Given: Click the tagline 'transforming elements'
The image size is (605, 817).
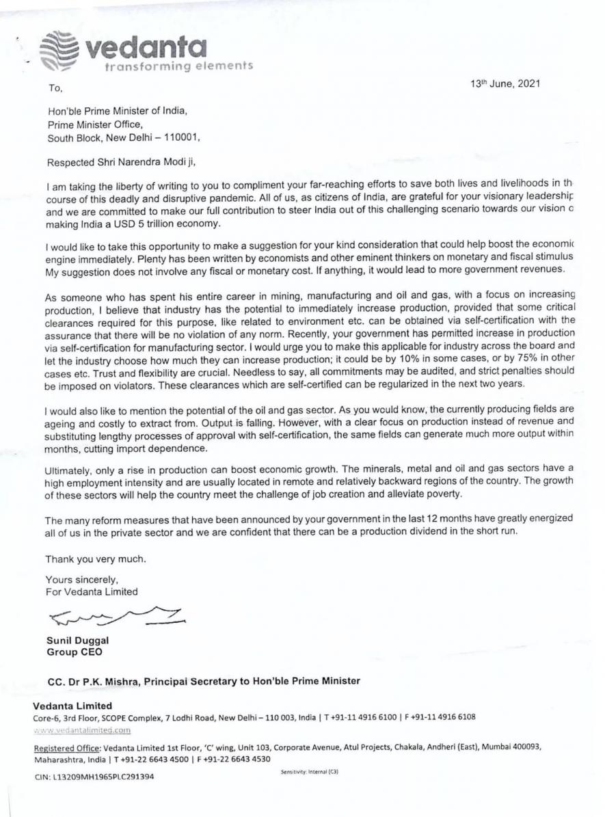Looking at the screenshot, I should click(178, 66).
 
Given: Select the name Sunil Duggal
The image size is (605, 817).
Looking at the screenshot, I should click(77, 640).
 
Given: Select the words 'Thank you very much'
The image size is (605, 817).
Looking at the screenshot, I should click(96, 559).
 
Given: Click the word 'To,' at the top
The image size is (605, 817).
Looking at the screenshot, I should click(55, 88).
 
